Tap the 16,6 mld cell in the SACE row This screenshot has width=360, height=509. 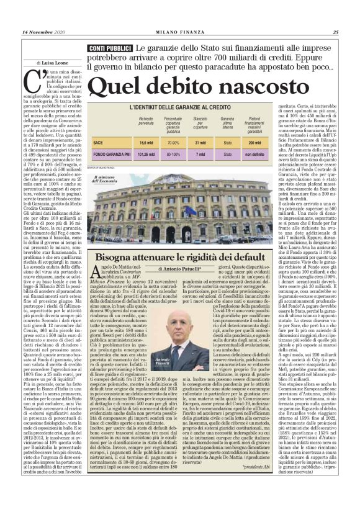click(x=147, y=143)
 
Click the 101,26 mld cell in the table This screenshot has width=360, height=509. click(x=147, y=154)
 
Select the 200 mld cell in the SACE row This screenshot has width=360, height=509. click(x=254, y=143)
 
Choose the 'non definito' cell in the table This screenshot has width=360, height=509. click(x=254, y=154)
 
